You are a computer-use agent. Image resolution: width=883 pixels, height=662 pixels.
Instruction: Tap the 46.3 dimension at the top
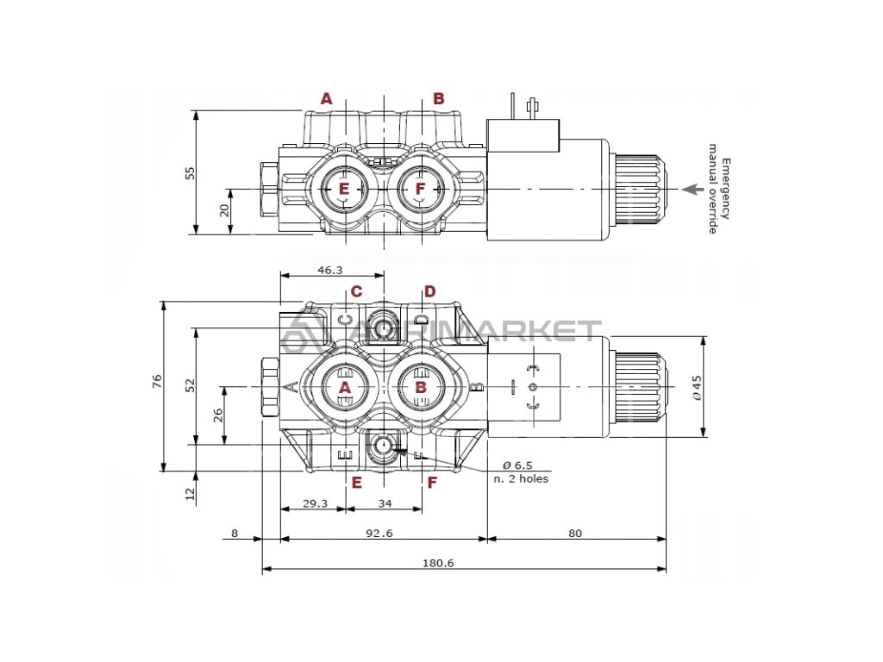click(x=330, y=270)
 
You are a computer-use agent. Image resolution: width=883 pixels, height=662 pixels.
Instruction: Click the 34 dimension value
click(x=385, y=503)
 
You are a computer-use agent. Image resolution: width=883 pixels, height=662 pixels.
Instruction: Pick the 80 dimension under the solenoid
click(x=575, y=533)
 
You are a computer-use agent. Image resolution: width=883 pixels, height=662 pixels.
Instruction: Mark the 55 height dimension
click(x=191, y=172)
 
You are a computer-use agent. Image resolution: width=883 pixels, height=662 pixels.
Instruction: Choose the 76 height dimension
click(x=157, y=383)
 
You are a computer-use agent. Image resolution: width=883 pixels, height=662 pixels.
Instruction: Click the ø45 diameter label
click(x=697, y=387)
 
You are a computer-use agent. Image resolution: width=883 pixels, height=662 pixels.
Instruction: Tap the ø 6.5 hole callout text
click(x=517, y=465)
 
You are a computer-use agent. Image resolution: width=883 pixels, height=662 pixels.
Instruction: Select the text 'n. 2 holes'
click(x=521, y=478)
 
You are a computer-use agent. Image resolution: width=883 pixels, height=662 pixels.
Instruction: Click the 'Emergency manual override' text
click(x=719, y=195)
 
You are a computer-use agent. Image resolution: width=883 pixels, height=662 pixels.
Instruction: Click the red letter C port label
click(x=356, y=291)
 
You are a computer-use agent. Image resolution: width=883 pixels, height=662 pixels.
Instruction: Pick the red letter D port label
click(x=430, y=291)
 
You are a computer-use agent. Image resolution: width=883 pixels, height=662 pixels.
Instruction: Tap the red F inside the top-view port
click(x=421, y=189)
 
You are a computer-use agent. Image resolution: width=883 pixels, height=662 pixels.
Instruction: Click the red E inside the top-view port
click(x=343, y=189)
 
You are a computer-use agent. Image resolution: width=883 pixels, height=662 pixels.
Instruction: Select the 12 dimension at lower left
click(x=191, y=493)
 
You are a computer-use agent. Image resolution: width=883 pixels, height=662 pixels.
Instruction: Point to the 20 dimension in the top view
click(x=224, y=209)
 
